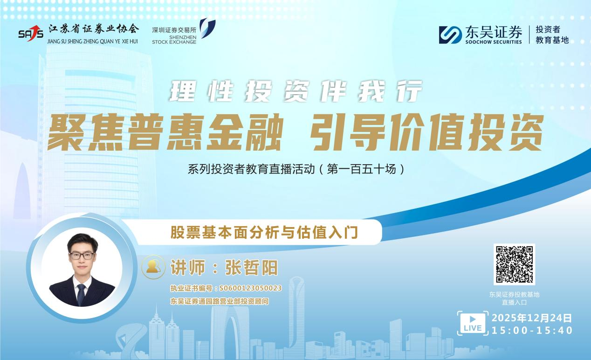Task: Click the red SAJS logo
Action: click(31, 33)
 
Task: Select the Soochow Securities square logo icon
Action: click(450, 35)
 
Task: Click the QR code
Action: click(514, 264)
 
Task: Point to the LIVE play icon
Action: click(473, 322)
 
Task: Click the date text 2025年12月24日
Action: click(532, 318)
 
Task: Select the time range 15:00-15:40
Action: click(532, 330)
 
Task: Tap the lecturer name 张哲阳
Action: click(251, 267)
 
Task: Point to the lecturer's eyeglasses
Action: click(82, 256)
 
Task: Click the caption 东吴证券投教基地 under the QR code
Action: click(514, 294)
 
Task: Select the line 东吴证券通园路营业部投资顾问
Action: click(220, 301)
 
